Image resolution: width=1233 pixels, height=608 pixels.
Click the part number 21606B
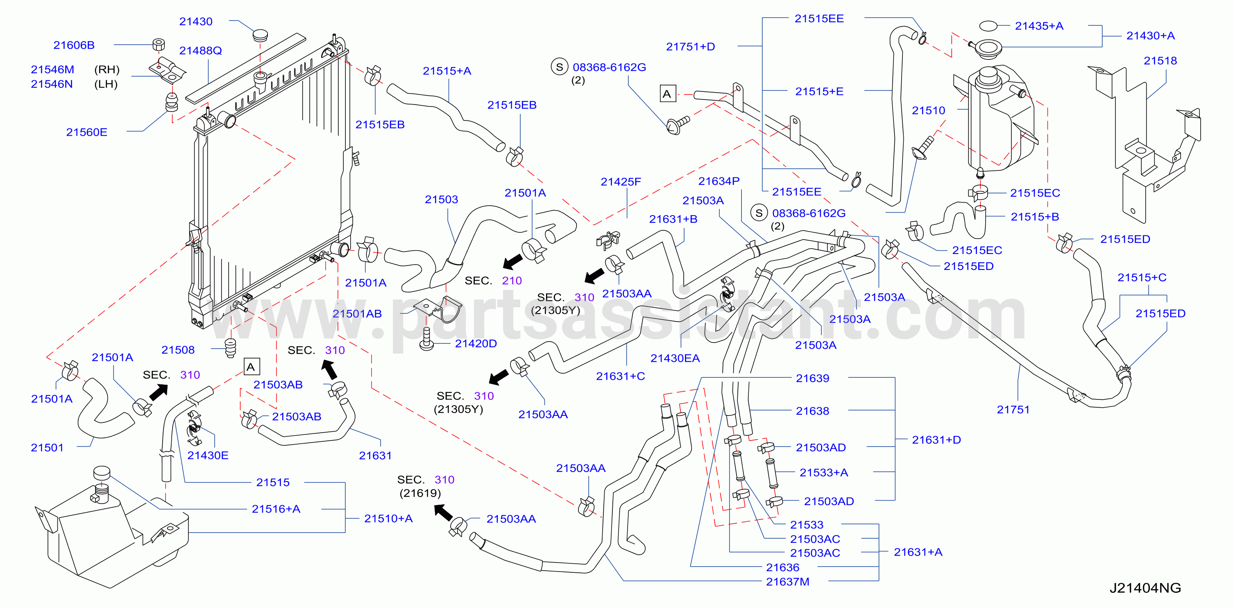pyautogui.click(x=74, y=45)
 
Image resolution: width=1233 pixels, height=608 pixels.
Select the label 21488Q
pyautogui.click(x=201, y=50)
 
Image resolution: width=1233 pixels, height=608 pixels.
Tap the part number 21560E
pyautogui.click(x=86, y=132)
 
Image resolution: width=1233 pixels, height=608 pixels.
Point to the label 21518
pyautogui.click(x=1160, y=61)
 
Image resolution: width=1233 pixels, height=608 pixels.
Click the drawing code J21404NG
pyautogui.click(x=1145, y=588)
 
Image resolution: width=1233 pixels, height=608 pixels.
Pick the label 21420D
pyautogui.click(x=476, y=343)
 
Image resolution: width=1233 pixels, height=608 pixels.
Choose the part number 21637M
pyautogui.click(x=787, y=582)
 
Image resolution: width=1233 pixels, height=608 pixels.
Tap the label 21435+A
pyautogui.click(x=1039, y=26)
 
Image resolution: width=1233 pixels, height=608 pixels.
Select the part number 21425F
pyautogui.click(x=621, y=182)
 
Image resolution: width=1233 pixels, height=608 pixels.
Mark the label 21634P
pyautogui.click(x=719, y=181)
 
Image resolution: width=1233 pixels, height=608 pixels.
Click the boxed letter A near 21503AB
pyautogui.click(x=251, y=367)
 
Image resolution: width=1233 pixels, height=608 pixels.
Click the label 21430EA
pyautogui.click(x=675, y=358)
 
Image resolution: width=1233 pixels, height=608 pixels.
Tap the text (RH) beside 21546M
pyautogui.click(x=107, y=70)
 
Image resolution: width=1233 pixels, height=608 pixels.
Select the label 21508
pyautogui.click(x=178, y=350)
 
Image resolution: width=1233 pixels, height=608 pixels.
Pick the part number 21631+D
pyautogui.click(x=936, y=440)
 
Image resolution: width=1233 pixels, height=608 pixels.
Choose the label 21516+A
pyautogui.click(x=276, y=509)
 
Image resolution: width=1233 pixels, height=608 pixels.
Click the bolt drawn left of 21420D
pyautogui.click(x=426, y=339)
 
